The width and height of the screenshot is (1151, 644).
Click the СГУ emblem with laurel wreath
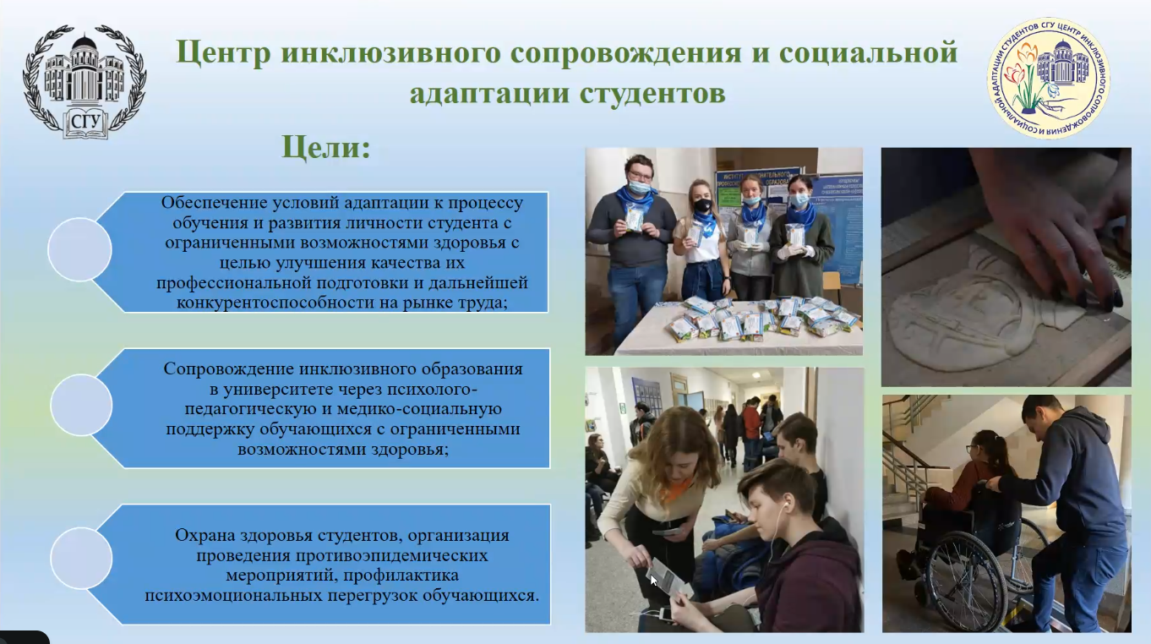click(85, 82)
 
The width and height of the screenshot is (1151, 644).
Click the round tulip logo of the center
click(1048, 78)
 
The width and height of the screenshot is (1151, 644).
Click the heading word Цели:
click(326, 148)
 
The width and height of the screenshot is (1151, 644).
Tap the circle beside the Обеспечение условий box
click(79, 249)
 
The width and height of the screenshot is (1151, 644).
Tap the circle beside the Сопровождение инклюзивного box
click(81, 405)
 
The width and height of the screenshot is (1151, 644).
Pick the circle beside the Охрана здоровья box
click(81, 558)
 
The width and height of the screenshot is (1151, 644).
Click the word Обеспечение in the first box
click(213, 203)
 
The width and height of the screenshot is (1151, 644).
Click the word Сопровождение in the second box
click(227, 369)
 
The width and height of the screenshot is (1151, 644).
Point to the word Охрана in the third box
click(201, 535)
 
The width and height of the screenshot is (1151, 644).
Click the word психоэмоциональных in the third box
click(232, 596)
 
